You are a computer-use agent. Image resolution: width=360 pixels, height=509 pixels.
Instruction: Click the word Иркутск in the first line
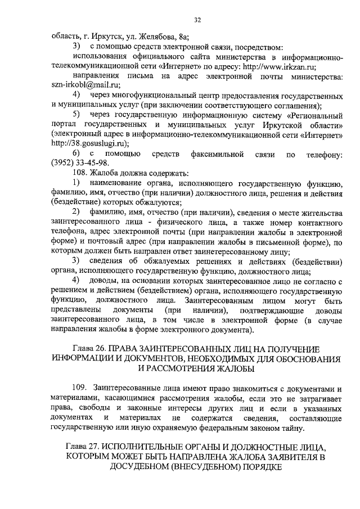point(108,36)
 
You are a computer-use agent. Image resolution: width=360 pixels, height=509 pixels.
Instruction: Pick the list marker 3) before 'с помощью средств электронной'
point(76,45)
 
